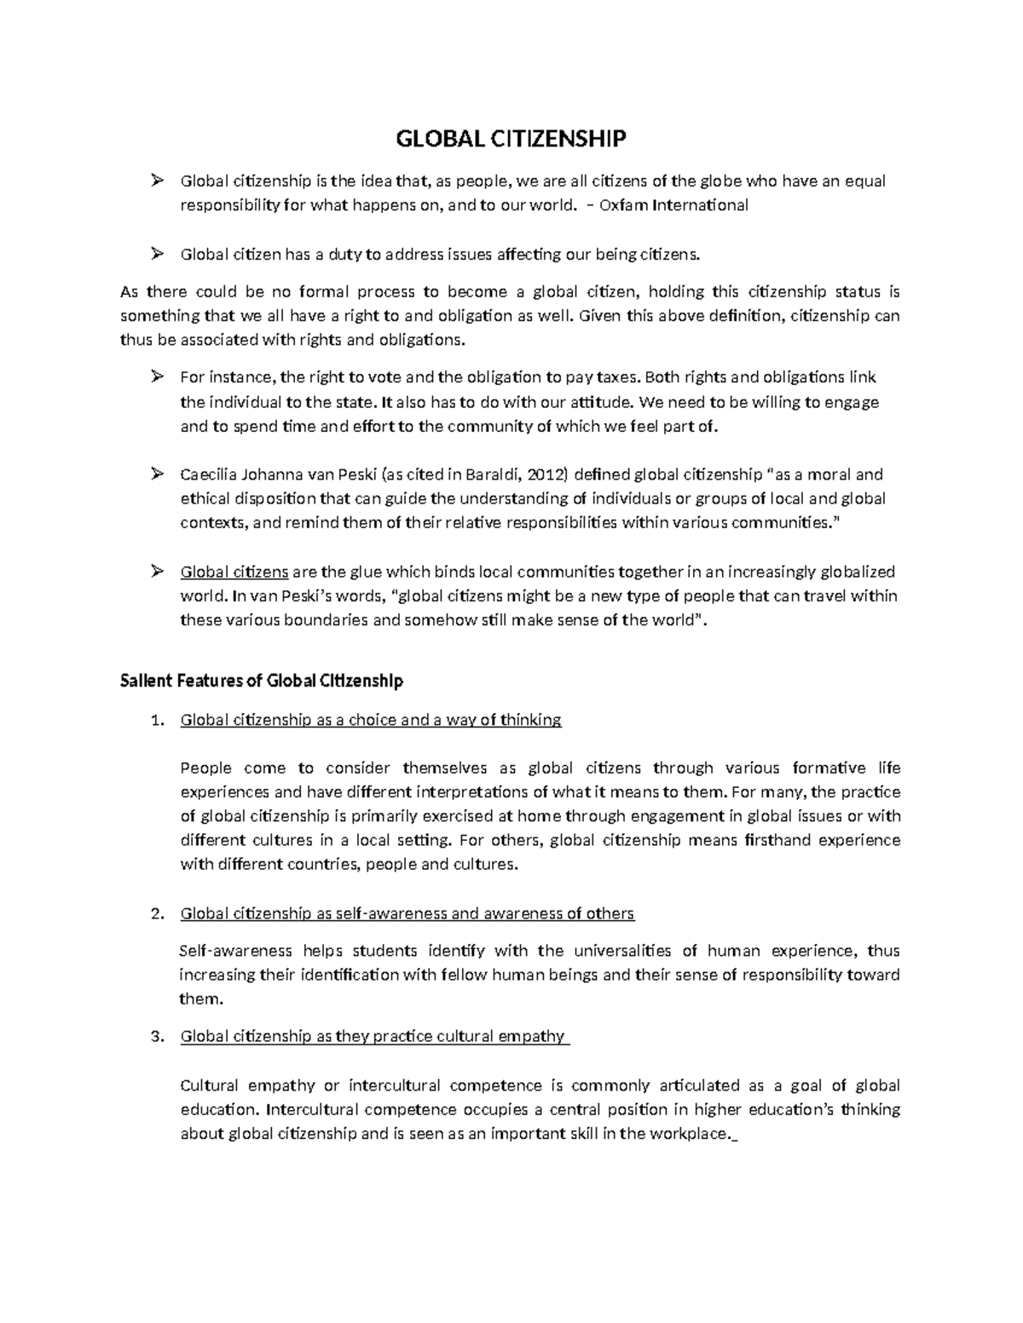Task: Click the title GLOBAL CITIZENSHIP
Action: point(510,138)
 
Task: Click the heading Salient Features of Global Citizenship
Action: point(262,682)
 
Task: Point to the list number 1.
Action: point(155,721)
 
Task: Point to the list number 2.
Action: point(155,914)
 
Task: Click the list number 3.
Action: point(155,1037)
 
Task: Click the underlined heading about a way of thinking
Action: point(371,721)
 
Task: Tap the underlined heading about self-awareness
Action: point(407,914)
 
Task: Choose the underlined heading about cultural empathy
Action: point(373,1037)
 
